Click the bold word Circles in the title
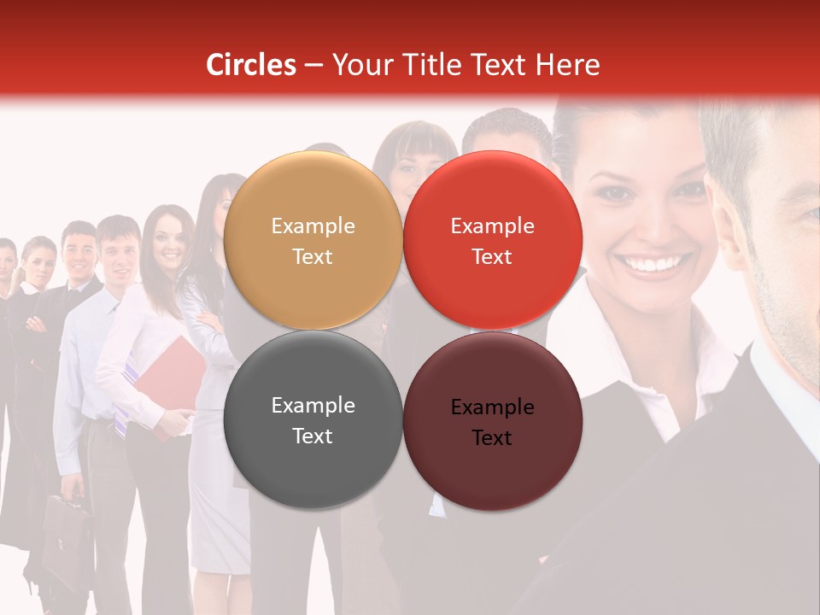click(x=251, y=65)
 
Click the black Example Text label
click(x=492, y=422)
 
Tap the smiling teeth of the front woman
click(x=657, y=264)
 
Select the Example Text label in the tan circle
click(x=313, y=241)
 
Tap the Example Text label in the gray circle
click(x=313, y=420)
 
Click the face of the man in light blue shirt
click(x=119, y=249)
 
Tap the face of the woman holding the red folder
click(x=170, y=240)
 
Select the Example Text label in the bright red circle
click(x=492, y=241)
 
